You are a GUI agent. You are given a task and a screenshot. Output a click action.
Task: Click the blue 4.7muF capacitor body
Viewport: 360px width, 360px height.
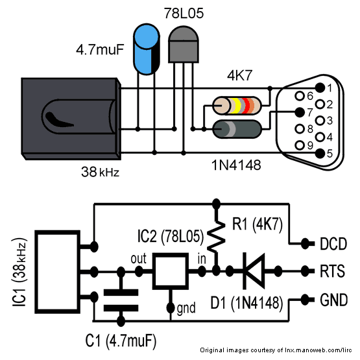click(146, 49)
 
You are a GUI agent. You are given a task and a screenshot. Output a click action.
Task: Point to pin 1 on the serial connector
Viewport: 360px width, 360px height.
click(319, 88)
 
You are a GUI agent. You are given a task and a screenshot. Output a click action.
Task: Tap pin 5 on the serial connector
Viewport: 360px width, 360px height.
click(319, 153)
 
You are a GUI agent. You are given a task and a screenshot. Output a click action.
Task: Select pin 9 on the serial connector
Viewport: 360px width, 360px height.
click(299, 144)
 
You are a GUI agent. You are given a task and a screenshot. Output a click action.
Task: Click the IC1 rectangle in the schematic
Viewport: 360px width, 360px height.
click(58, 271)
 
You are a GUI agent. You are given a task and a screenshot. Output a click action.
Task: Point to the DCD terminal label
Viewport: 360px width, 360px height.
click(334, 245)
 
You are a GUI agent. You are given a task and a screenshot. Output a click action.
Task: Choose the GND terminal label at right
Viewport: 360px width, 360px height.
click(334, 300)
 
